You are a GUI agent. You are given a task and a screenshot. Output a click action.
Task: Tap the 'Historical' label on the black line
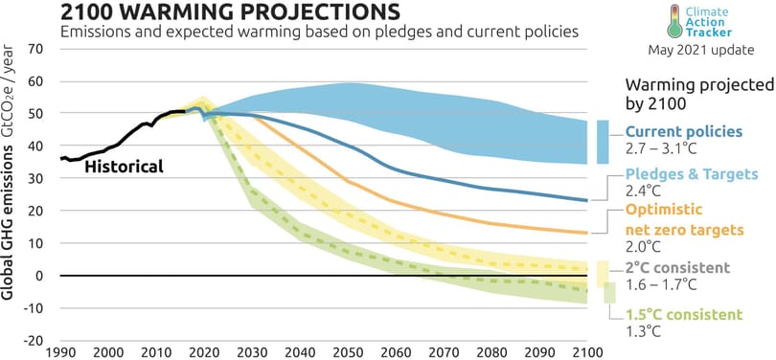tap(124, 167)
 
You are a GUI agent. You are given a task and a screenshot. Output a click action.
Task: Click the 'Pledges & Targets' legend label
tap(692, 174)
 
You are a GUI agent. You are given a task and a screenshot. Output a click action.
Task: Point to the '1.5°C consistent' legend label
tap(684, 314)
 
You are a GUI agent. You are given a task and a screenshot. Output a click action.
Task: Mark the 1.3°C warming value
tap(644, 332)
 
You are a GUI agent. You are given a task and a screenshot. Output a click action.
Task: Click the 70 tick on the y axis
tap(37, 49)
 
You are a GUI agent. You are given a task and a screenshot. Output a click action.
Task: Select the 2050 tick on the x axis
tap(351, 353)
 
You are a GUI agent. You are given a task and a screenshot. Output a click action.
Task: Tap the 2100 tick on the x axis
tap(587, 353)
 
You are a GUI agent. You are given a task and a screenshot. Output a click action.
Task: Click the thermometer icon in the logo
tap(674, 20)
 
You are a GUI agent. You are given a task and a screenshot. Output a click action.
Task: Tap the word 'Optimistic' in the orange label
tap(664, 210)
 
